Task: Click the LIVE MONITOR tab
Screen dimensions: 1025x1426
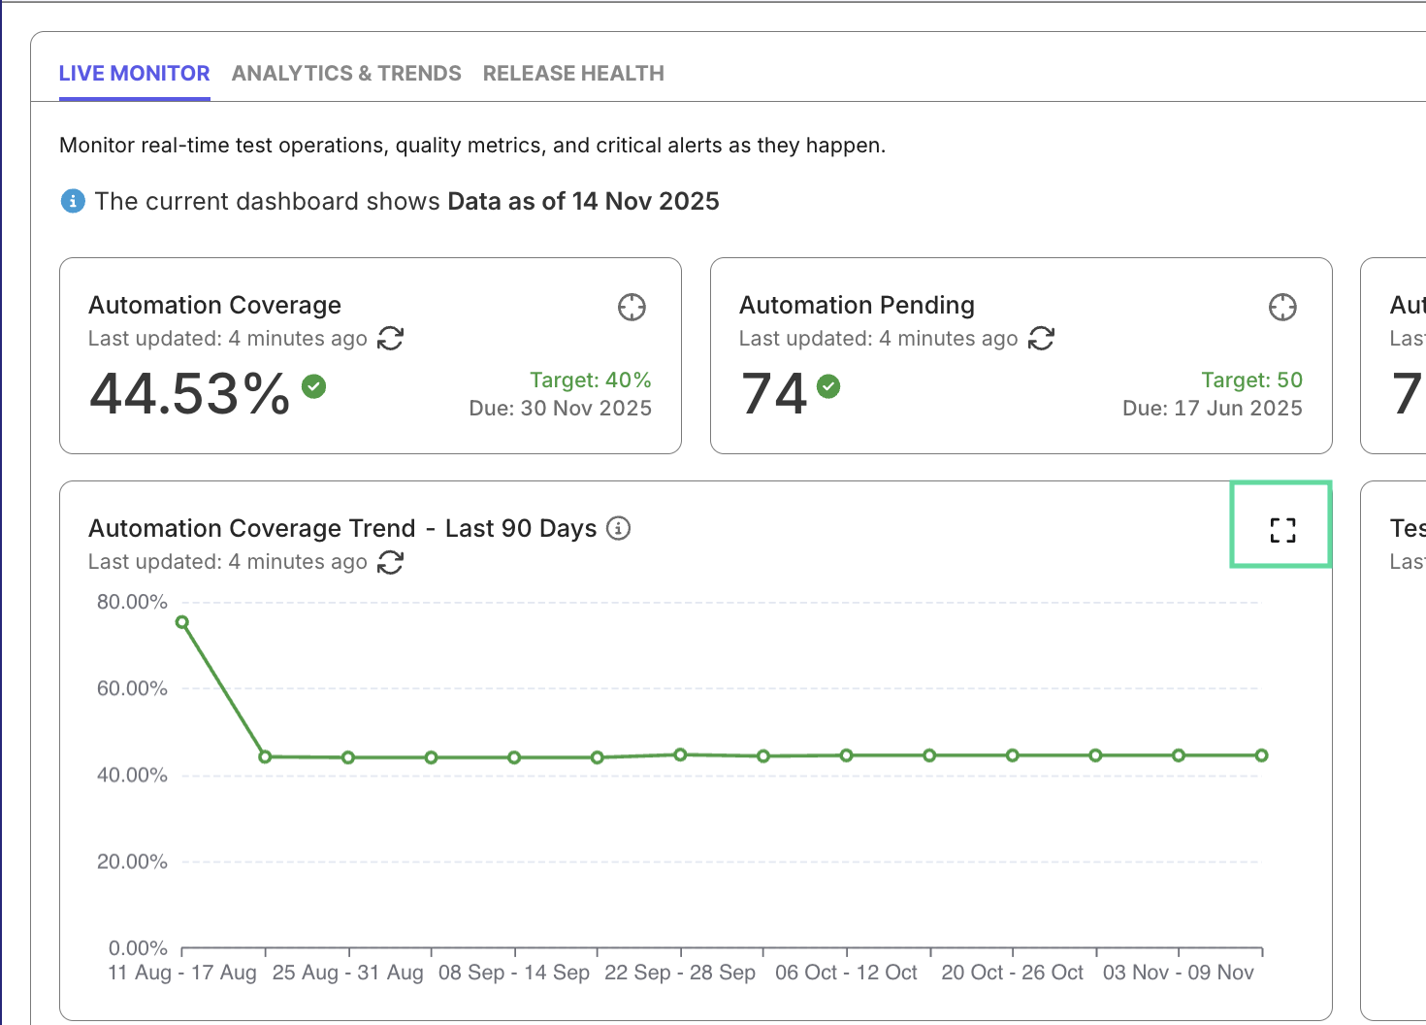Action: coord(134,74)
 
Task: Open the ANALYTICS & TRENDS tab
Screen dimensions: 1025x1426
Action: coord(346,74)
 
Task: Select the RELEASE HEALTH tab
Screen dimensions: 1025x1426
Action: coord(573,74)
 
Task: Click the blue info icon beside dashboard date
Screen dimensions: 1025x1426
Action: coord(73,201)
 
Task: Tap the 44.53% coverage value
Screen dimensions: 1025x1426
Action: coord(190,394)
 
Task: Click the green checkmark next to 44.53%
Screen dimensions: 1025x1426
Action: coord(313,386)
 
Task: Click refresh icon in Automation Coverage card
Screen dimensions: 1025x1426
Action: coord(390,339)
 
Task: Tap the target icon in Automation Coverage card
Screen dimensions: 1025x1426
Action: coord(632,308)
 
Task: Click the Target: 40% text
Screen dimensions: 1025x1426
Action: coord(590,380)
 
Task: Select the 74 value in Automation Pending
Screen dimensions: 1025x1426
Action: coord(774,394)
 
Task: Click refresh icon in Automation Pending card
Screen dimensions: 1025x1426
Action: coord(1041,339)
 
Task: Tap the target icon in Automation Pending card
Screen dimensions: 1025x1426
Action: coord(1282,308)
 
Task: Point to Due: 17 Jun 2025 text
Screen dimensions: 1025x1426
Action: coord(1212,409)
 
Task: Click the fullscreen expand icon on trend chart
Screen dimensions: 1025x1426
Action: coord(1282,530)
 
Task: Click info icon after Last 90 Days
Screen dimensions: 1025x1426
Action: coord(618,528)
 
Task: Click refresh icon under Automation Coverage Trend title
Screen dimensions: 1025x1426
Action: coord(390,562)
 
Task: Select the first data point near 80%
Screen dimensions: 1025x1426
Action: coord(182,622)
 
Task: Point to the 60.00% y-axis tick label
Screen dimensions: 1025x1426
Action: coord(132,689)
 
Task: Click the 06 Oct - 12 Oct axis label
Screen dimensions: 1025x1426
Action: coord(846,973)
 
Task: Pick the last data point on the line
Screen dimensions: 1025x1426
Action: coord(1261,755)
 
